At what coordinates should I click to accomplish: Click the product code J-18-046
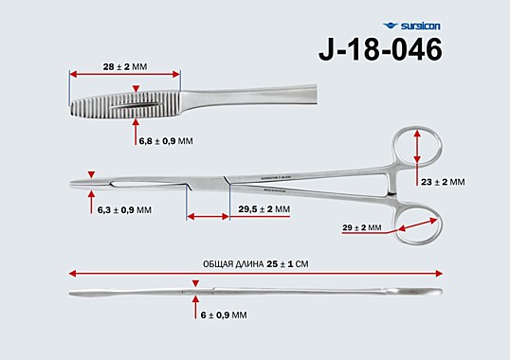[380, 49]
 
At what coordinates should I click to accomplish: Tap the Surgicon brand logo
[411, 26]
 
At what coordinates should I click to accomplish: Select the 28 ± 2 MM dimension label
[125, 66]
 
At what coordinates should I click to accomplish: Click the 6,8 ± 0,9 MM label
[166, 141]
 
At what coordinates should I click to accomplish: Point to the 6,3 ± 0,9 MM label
[124, 210]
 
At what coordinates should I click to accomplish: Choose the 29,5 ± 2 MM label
[264, 209]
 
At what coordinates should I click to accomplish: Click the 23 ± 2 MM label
[443, 182]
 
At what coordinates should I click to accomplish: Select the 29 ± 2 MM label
[362, 227]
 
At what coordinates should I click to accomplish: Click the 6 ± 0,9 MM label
[224, 315]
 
